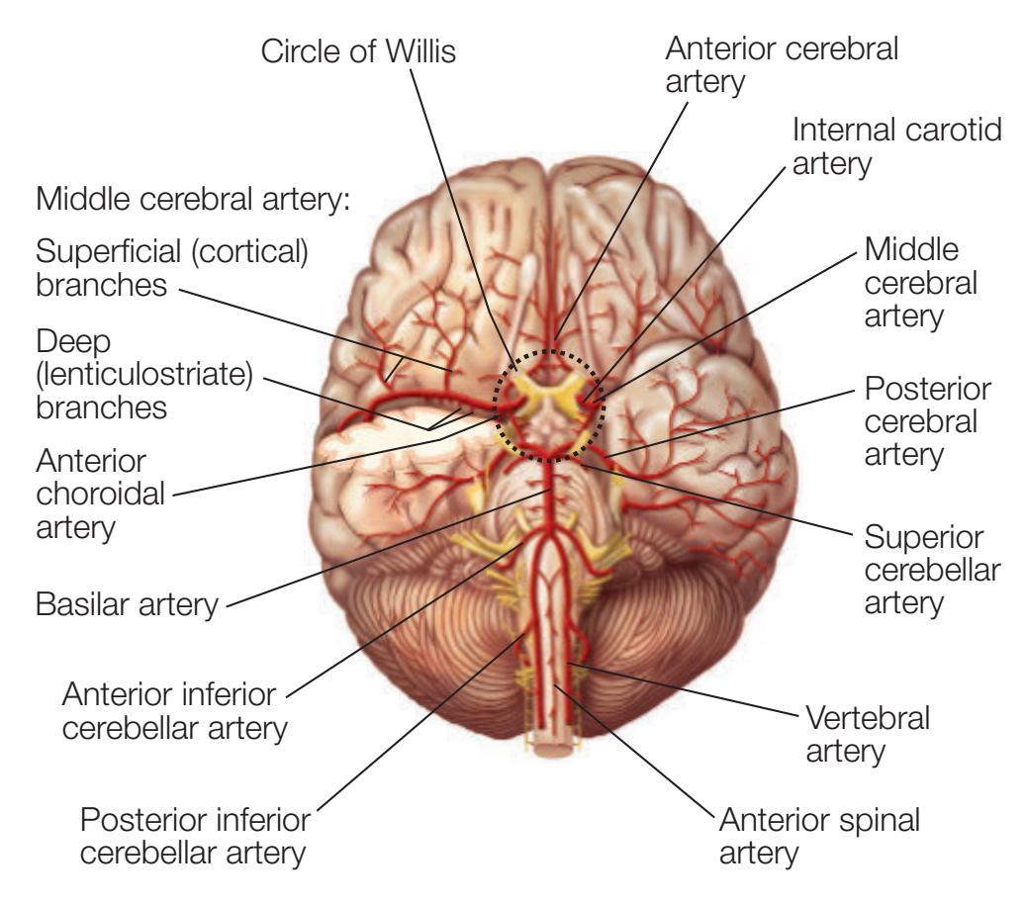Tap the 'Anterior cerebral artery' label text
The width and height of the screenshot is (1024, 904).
(783, 64)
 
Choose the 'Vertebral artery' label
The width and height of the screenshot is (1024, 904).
(868, 734)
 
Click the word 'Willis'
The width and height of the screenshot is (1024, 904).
(423, 52)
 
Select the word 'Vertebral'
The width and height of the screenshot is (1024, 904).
(868, 718)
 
